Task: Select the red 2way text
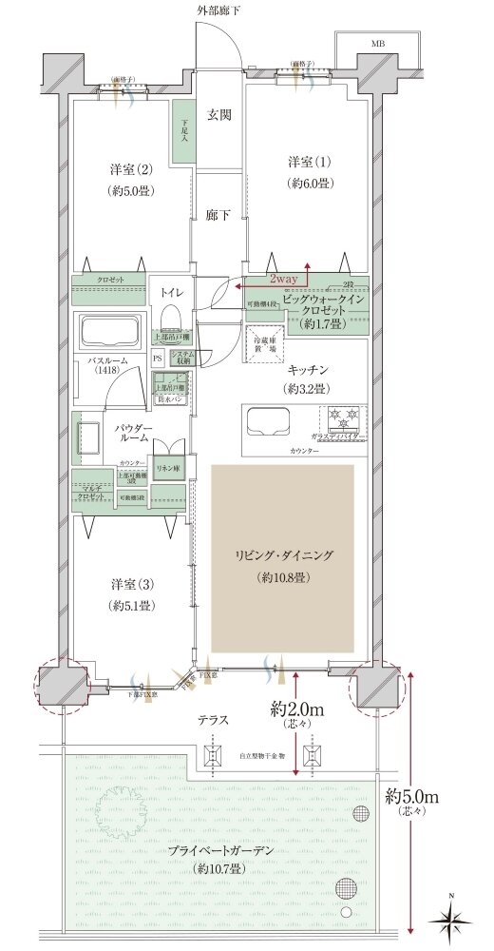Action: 284,279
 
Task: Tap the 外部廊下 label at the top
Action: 218,10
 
